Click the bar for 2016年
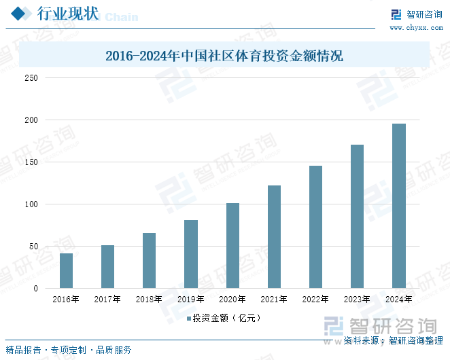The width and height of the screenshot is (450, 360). pyautogui.click(x=66, y=270)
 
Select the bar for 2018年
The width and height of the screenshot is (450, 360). pyautogui.click(x=149, y=261)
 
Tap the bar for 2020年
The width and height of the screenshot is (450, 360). pyautogui.click(x=232, y=246)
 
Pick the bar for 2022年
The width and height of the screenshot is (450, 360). pyautogui.click(x=315, y=227)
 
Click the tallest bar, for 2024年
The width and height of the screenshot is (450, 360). pyautogui.click(x=398, y=206)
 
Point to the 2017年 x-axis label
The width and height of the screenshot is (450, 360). pyautogui.click(x=107, y=299)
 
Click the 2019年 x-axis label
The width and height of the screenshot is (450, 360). pyautogui.click(x=190, y=299)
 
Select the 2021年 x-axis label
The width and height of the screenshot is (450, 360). pyautogui.click(x=274, y=299)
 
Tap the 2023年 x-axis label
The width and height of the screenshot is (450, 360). pyautogui.click(x=357, y=299)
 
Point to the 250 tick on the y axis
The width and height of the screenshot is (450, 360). pyautogui.click(x=31, y=78)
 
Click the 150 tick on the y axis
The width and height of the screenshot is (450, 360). pyautogui.click(x=31, y=162)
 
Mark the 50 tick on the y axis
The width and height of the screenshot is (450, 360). pyautogui.click(x=33, y=247)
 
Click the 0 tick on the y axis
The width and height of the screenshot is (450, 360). pyautogui.click(x=35, y=289)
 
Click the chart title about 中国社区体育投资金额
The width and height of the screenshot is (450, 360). pyautogui.click(x=224, y=56)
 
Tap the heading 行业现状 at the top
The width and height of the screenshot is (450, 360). pyautogui.click(x=67, y=14)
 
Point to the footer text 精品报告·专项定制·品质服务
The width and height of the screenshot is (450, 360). pyautogui.click(x=69, y=350)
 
